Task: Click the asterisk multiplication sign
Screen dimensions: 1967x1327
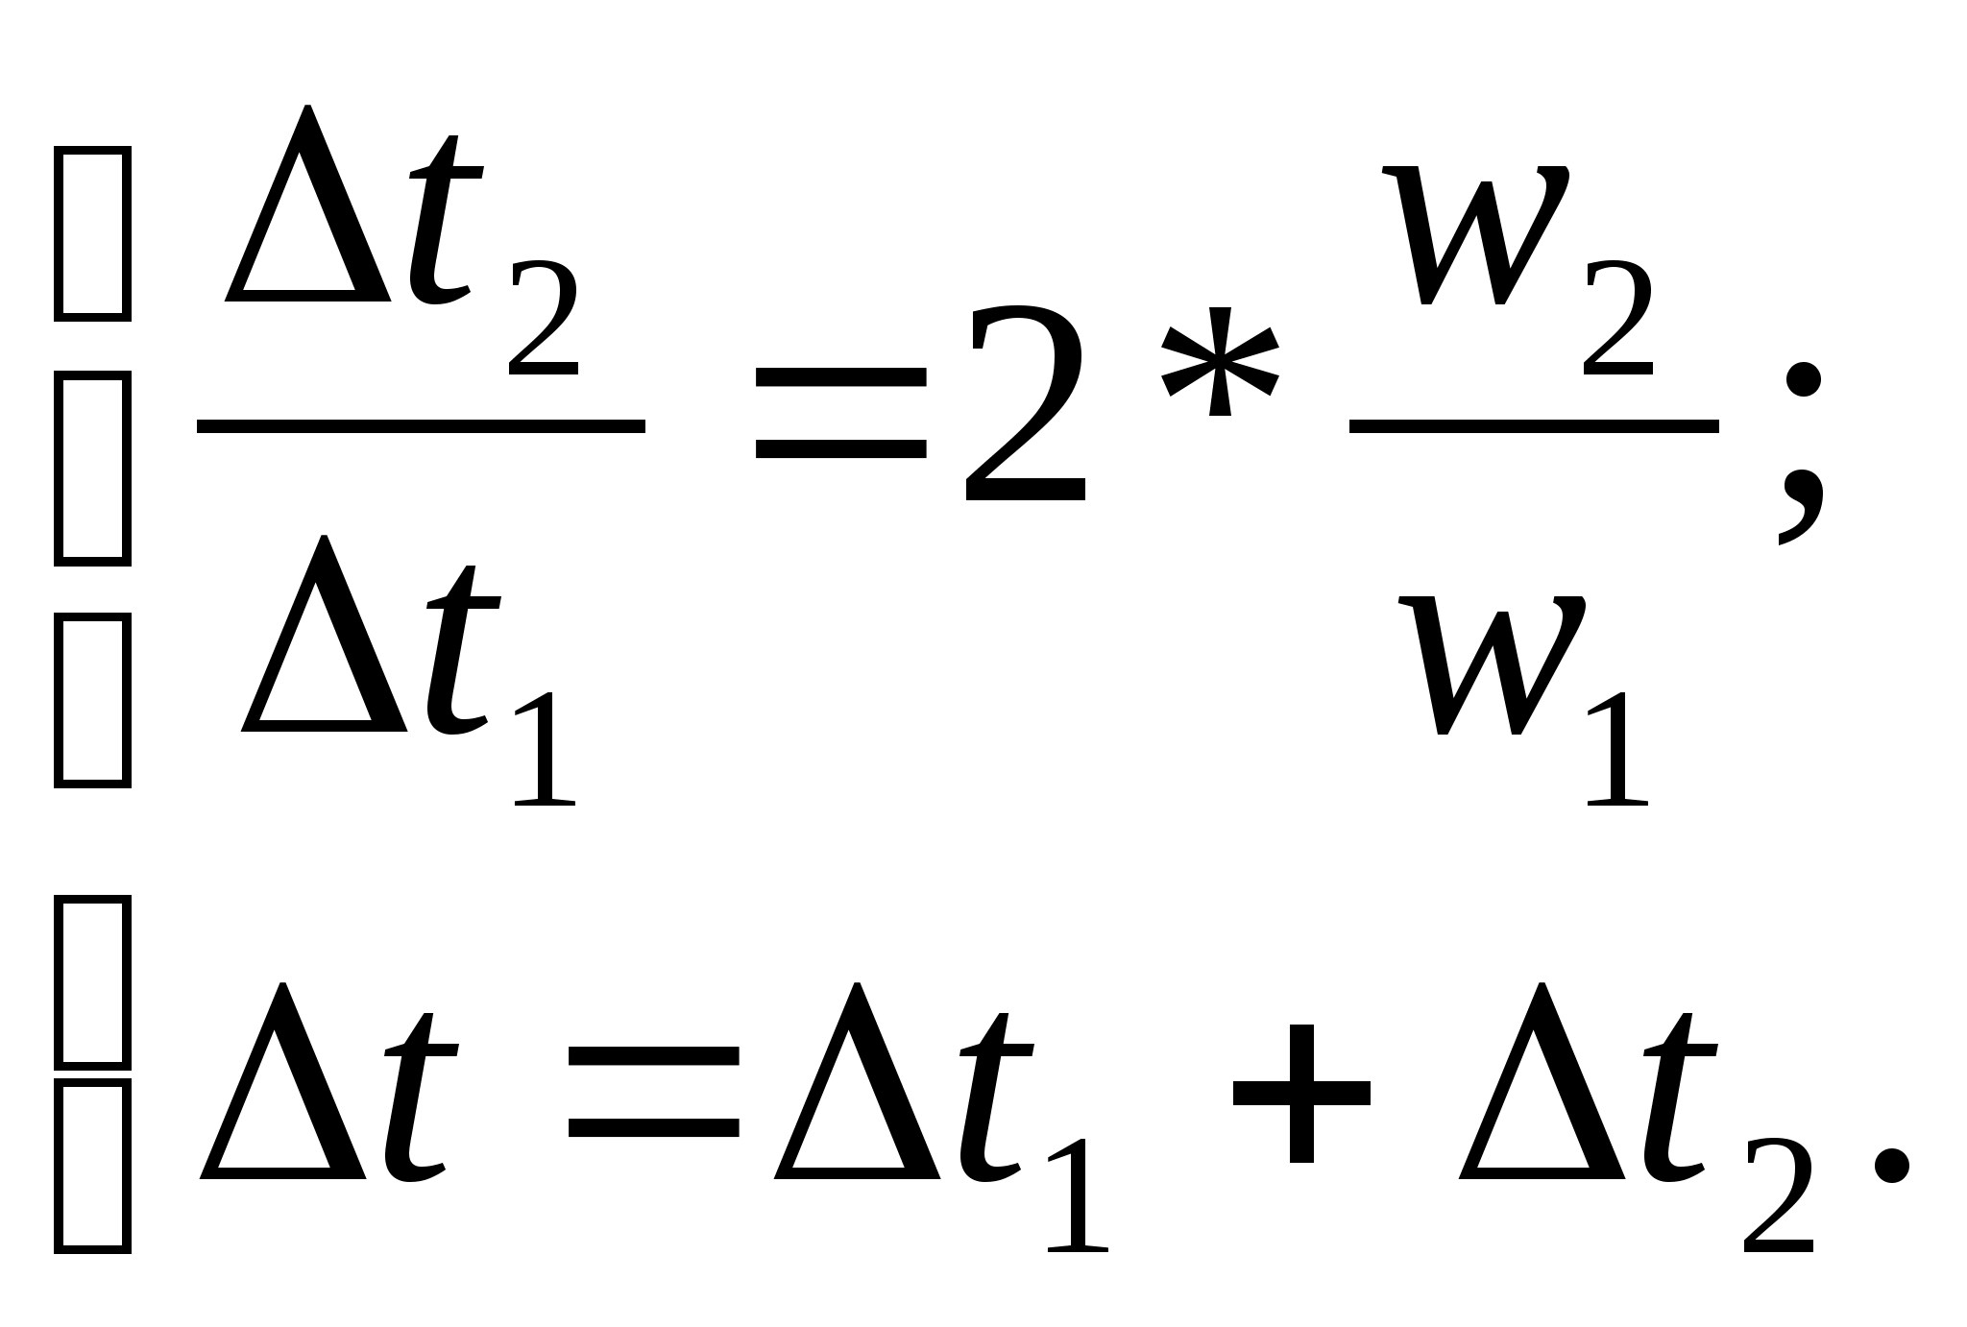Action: coord(1219,363)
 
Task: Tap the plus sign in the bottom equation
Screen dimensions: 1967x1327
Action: coord(1301,1093)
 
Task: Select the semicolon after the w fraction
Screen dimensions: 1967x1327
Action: coord(1801,451)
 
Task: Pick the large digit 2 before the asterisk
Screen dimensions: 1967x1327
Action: coord(1025,403)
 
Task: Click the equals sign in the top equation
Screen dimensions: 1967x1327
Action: coord(840,423)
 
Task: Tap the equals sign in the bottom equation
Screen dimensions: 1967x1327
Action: coord(653,1093)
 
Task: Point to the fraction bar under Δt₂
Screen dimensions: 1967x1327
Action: coord(421,426)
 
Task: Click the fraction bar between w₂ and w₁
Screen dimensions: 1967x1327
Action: coord(1534,426)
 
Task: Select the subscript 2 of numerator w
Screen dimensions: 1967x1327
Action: coord(1619,318)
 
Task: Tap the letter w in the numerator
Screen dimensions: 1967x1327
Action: coord(1476,235)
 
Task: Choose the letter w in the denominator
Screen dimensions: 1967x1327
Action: coord(1492,666)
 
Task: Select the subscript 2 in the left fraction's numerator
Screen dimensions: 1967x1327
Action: coord(544,318)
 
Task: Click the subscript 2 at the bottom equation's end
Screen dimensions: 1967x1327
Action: coord(1779,1195)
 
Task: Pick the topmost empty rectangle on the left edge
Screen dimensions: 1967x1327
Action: coord(92,233)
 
